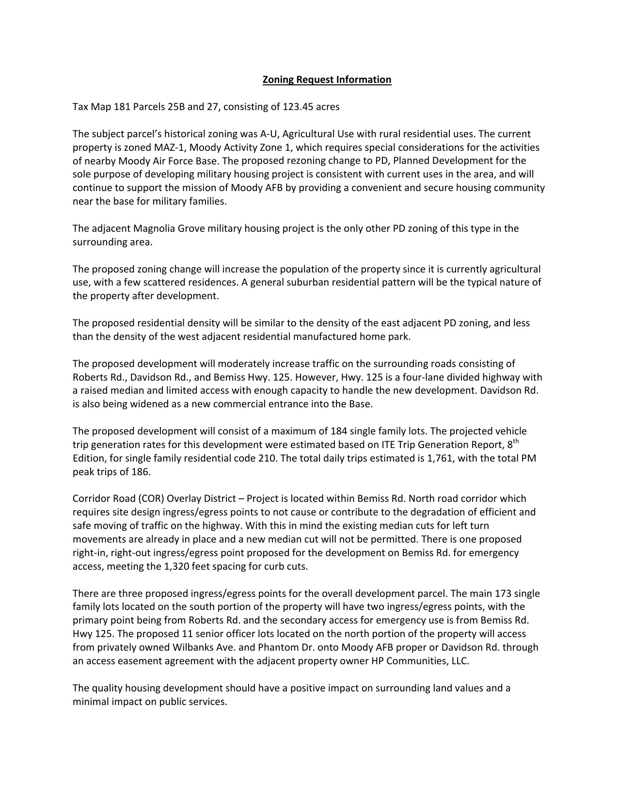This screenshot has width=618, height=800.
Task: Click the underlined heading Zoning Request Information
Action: point(327,80)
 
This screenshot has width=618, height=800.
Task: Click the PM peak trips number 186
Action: point(141,472)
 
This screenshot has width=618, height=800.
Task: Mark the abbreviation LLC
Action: point(460,661)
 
